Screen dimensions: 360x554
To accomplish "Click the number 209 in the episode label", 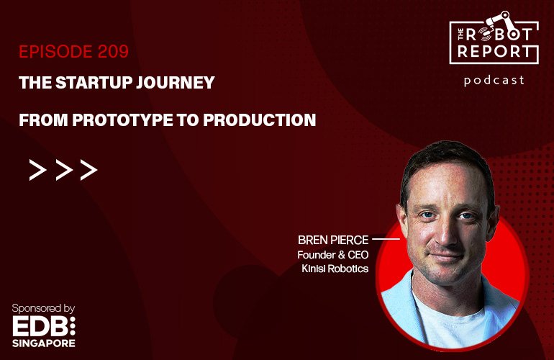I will (x=113, y=53).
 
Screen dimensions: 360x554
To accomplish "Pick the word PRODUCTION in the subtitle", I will (x=260, y=120).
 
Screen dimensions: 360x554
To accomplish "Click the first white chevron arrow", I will (x=37, y=170).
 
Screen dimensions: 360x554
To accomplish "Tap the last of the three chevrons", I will (x=88, y=170).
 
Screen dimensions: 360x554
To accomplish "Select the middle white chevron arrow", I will (x=63, y=170).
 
